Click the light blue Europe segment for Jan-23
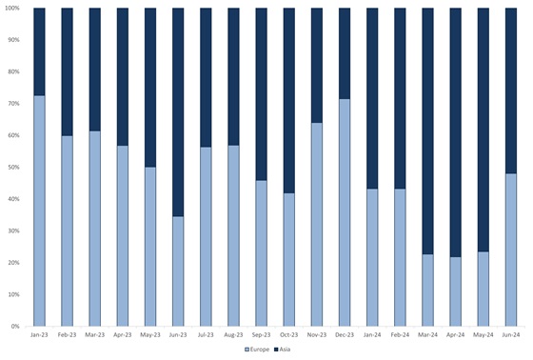(39, 210)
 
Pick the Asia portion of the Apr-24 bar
(454, 132)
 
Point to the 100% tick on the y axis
(14, 9)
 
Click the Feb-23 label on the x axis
(67, 335)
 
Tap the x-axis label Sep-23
(261, 335)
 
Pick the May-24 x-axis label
(482, 335)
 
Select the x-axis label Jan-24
(371, 335)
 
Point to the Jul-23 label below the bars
(206, 335)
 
